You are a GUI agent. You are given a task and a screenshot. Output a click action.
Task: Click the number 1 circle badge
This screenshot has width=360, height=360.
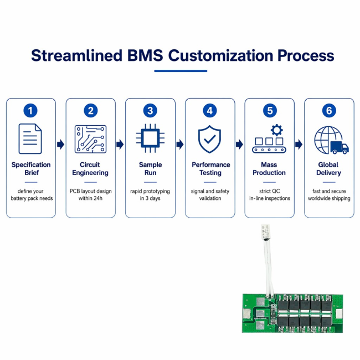click(x=30, y=110)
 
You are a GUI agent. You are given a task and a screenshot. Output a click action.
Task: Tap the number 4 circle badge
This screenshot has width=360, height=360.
click(x=209, y=110)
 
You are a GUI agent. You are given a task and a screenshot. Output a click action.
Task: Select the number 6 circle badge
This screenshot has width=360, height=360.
click(x=329, y=110)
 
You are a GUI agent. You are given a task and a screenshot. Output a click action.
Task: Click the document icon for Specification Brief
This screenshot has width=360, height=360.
click(x=30, y=138)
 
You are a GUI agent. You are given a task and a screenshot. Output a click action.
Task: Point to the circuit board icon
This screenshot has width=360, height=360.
click(x=90, y=139)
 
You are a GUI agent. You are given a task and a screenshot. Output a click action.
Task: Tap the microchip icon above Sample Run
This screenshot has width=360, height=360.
click(x=150, y=138)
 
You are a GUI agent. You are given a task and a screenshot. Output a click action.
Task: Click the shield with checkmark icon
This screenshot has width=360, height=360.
click(x=209, y=139)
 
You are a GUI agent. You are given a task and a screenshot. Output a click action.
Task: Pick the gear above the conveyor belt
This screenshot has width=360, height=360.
click(x=277, y=130)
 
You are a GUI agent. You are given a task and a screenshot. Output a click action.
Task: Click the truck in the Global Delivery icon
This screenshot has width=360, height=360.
click(x=340, y=147)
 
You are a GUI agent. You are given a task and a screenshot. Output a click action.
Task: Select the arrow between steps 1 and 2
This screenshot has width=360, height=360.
click(x=60, y=145)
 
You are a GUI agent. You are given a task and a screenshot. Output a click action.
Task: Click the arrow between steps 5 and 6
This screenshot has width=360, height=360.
click(x=299, y=145)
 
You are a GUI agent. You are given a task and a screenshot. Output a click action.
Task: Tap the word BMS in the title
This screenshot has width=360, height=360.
click(x=145, y=55)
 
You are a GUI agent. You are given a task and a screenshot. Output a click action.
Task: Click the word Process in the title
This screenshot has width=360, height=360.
click(x=306, y=55)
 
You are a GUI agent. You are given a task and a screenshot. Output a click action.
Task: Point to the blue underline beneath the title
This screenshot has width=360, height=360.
click(x=181, y=71)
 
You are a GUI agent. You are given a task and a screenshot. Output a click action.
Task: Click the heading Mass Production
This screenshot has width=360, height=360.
click(x=269, y=168)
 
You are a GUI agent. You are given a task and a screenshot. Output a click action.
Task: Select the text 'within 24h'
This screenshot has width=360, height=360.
click(x=90, y=198)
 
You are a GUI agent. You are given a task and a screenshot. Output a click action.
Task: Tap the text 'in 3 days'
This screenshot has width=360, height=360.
click(x=150, y=198)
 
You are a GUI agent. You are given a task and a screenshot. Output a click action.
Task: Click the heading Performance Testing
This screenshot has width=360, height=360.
click(x=211, y=168)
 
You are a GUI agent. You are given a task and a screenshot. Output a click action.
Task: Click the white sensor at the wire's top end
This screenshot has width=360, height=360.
click(x=266, y=232)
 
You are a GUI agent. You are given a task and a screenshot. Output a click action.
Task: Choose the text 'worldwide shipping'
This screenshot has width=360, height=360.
click(x=329, y=198)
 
